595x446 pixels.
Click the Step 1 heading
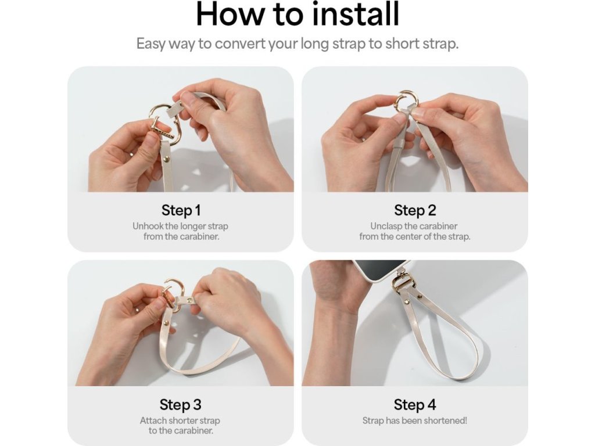[181, 210]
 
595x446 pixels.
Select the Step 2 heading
[415, 210]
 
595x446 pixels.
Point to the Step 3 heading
[180, 404]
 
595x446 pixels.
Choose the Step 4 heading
[415, 404]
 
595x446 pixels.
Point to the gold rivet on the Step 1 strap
[166, 160]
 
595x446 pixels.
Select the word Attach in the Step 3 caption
[153, 420]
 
